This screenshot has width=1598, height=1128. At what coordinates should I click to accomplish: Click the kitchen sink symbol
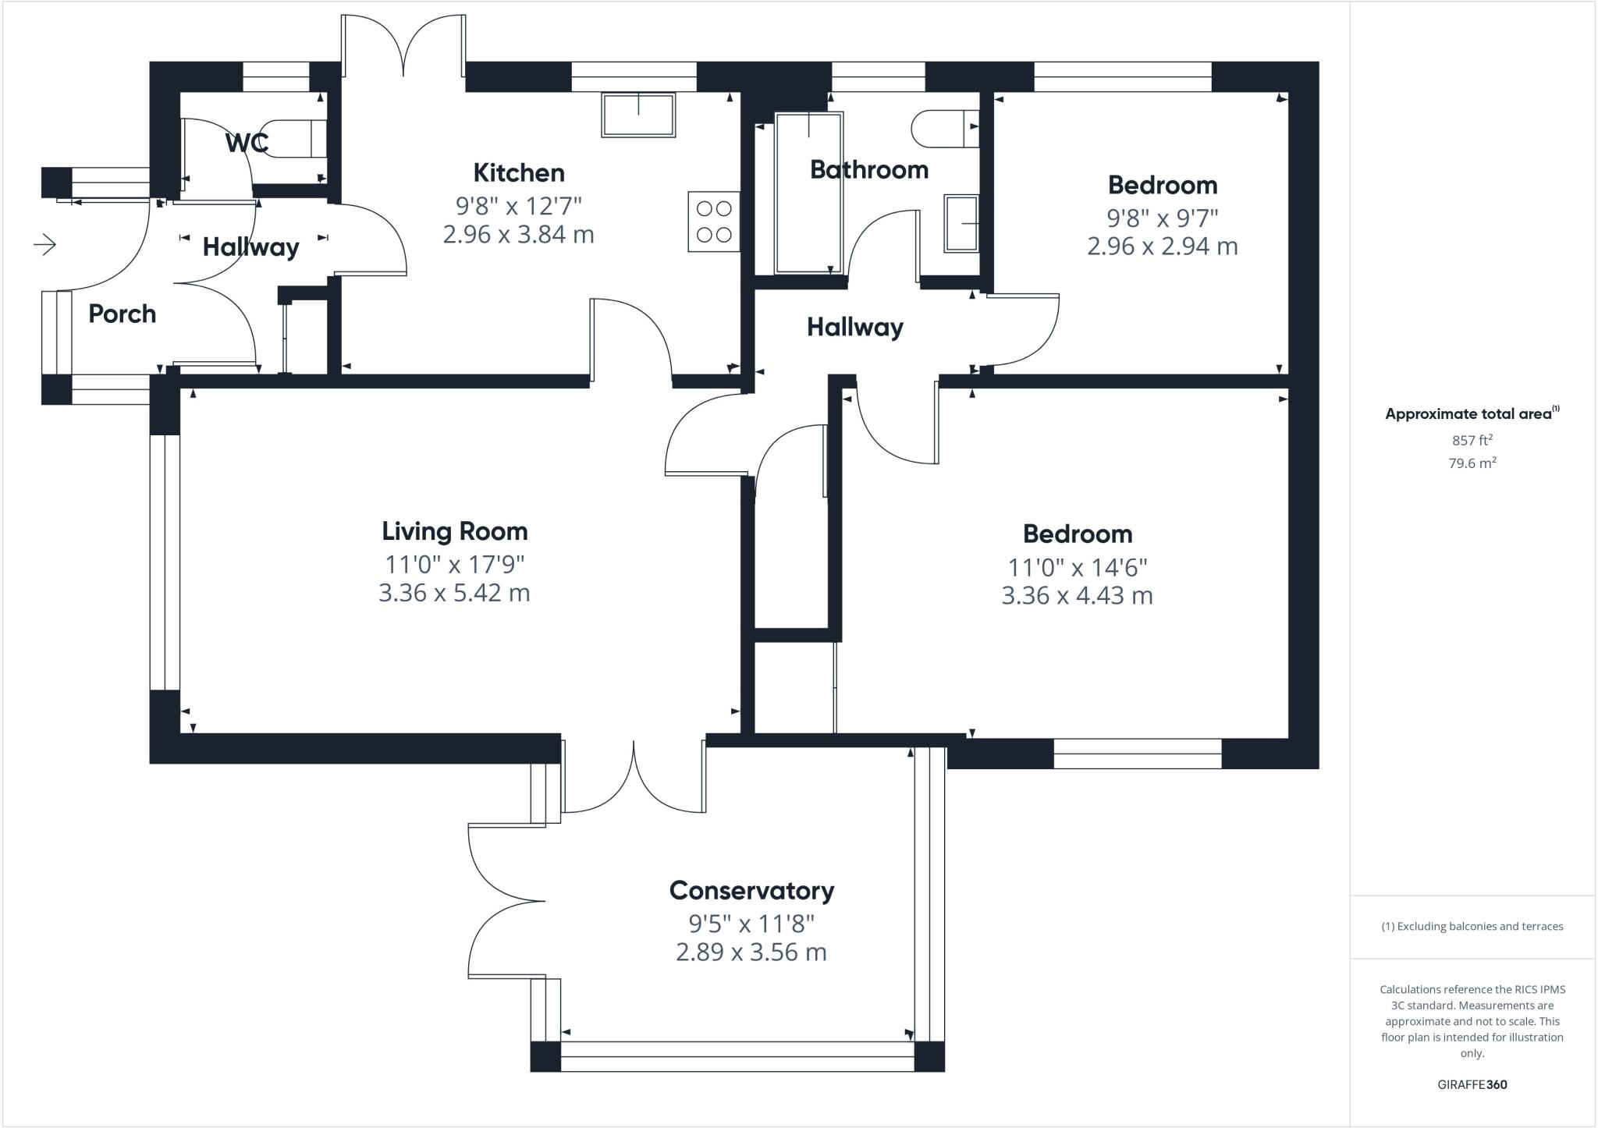tap(638, 115)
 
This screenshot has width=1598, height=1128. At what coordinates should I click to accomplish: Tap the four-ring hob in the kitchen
tap(713, 222)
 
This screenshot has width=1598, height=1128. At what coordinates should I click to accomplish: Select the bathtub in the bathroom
tap(808, 193)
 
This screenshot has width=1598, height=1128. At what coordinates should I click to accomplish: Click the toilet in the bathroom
tap(944, 128)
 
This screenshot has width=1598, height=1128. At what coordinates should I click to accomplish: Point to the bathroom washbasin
tap(961, 223)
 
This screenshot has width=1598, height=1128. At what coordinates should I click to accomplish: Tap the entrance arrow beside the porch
tap(45, 245)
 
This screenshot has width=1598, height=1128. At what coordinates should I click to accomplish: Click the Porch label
tap(122, 314)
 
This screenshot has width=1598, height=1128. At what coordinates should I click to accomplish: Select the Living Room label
tap(454, 531)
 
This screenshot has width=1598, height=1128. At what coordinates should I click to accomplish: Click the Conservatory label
tap(751, 890)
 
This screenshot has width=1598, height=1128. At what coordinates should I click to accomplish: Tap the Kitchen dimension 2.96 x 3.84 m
tap(518, 234)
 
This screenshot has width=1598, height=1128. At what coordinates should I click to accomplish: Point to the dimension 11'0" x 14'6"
tap(1077, 566)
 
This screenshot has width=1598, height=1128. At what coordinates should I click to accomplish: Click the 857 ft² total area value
tap(1472, 440)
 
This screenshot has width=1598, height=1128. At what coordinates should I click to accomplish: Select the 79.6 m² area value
tap(1472, 463)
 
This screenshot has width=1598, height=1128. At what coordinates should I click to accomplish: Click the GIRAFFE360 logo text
tap(1472, 1084)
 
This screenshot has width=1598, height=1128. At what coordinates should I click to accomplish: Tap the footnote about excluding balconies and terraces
tap(1472, 927)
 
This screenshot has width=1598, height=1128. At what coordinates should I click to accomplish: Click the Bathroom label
tap(868, 169)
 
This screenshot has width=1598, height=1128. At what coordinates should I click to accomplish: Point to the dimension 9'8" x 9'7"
tap(1162, 217)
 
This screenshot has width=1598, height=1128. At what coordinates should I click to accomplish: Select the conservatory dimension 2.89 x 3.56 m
tap(751, 952)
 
